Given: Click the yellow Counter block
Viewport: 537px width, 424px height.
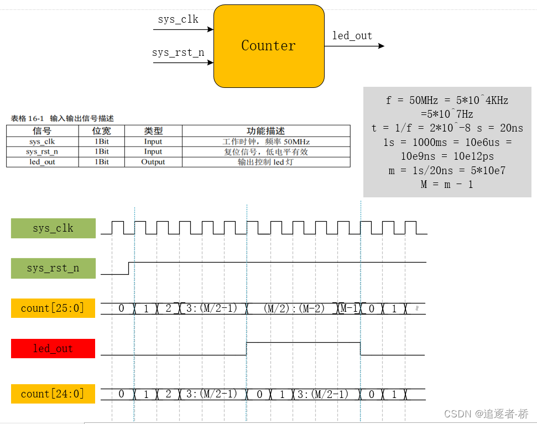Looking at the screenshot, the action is (x=269, y=46).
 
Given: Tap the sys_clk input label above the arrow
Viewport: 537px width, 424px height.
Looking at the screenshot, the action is (x=178, y=20).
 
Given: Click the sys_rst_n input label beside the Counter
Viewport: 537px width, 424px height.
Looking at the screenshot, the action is (x=178, y=53).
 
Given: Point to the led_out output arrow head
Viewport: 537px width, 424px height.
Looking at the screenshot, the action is (x=381, y=46).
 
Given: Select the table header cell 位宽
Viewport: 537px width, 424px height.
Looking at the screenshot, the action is (x=102, y=131).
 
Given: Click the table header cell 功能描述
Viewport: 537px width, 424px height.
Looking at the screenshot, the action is (x=265, y=131).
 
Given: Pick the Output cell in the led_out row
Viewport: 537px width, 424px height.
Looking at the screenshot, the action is (x=153, y=162).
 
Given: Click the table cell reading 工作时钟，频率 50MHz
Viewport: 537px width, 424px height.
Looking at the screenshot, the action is (x=265, y=142).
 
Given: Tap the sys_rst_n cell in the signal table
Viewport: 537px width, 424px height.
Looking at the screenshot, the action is (x=42, y=151).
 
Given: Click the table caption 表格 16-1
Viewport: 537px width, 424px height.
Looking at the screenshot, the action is (x=28, y=118).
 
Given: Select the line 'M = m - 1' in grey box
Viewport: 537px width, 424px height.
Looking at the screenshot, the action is (x=447, y=185).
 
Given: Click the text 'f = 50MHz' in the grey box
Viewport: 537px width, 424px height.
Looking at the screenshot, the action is (x=410, y=101).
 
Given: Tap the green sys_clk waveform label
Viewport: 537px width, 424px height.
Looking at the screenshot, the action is (x=53, y=228).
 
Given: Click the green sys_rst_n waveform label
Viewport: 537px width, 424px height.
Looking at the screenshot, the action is (x=53, y=268).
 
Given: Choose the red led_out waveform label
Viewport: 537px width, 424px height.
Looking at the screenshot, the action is (x=53, y=348).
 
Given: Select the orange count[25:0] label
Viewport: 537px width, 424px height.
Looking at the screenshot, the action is (x=53, y=308).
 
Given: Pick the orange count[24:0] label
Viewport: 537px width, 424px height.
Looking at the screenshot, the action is (x=53, y=394).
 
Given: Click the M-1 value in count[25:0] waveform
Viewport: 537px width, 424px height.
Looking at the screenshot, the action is (x=349, y=308).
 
